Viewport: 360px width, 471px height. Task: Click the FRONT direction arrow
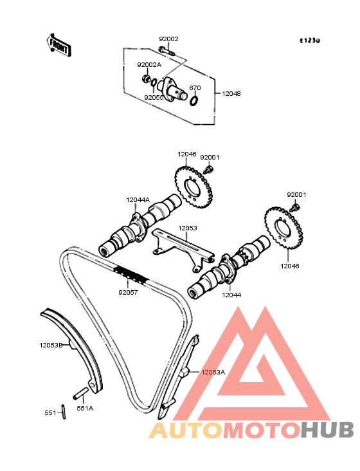coord(59,45)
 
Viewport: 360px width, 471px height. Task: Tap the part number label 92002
coord(168,39)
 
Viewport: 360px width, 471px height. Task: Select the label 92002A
coord(149,65)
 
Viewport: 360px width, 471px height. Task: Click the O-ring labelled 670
coord(194,100)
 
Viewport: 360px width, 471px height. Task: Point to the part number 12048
coord(231,94)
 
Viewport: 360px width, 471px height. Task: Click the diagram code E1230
coord(310,41)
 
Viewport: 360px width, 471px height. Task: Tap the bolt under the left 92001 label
coord(208,169)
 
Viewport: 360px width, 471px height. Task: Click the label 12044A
coord(138,199)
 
